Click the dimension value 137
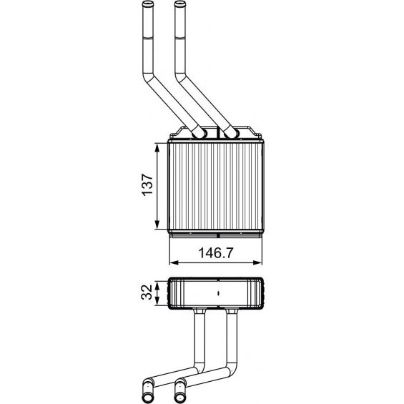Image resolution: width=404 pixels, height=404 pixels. click(147, 184)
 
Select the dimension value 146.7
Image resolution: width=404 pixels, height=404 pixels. click(216, 252)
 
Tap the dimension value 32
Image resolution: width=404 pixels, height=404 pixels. click(147, 292)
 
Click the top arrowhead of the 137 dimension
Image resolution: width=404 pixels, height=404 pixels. click(157, 148)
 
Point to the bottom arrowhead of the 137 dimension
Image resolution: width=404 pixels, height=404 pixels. click(157, 224)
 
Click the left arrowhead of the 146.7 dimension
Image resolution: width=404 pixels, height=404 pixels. click(174, 262)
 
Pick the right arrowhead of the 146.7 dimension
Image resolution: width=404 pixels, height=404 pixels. click(257, 262)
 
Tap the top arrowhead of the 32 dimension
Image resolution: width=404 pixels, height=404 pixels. click(157, 285)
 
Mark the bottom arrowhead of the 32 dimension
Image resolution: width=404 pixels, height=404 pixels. click(157, 301)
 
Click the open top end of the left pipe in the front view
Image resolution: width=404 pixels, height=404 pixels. click(147, 4)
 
